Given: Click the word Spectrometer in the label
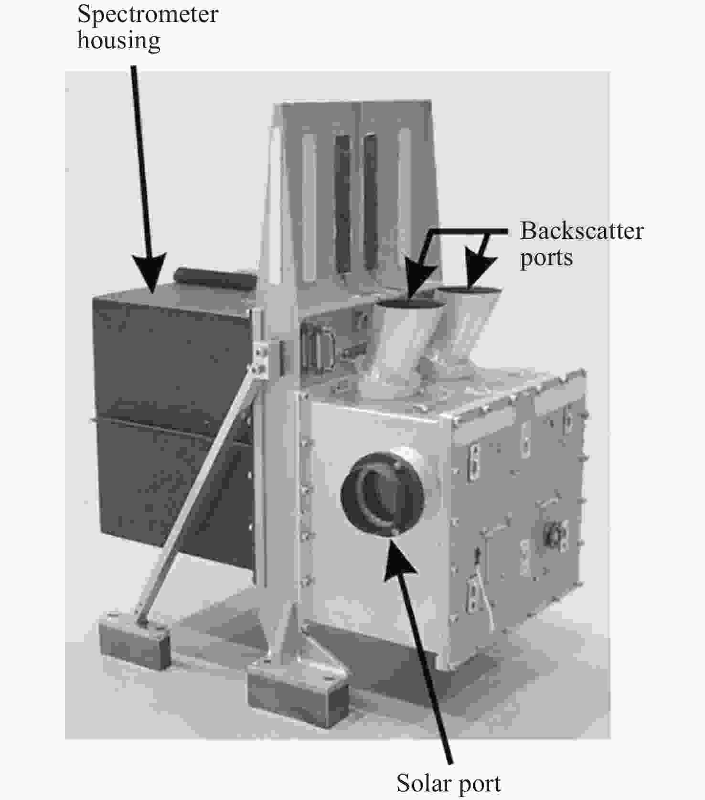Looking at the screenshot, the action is click(148, 14).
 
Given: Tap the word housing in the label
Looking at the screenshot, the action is click(119, 40).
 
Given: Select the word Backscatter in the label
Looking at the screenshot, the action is click(582, 231).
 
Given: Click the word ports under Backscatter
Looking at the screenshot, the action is click(546, 258).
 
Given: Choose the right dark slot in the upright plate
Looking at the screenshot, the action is click(371, 203).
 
